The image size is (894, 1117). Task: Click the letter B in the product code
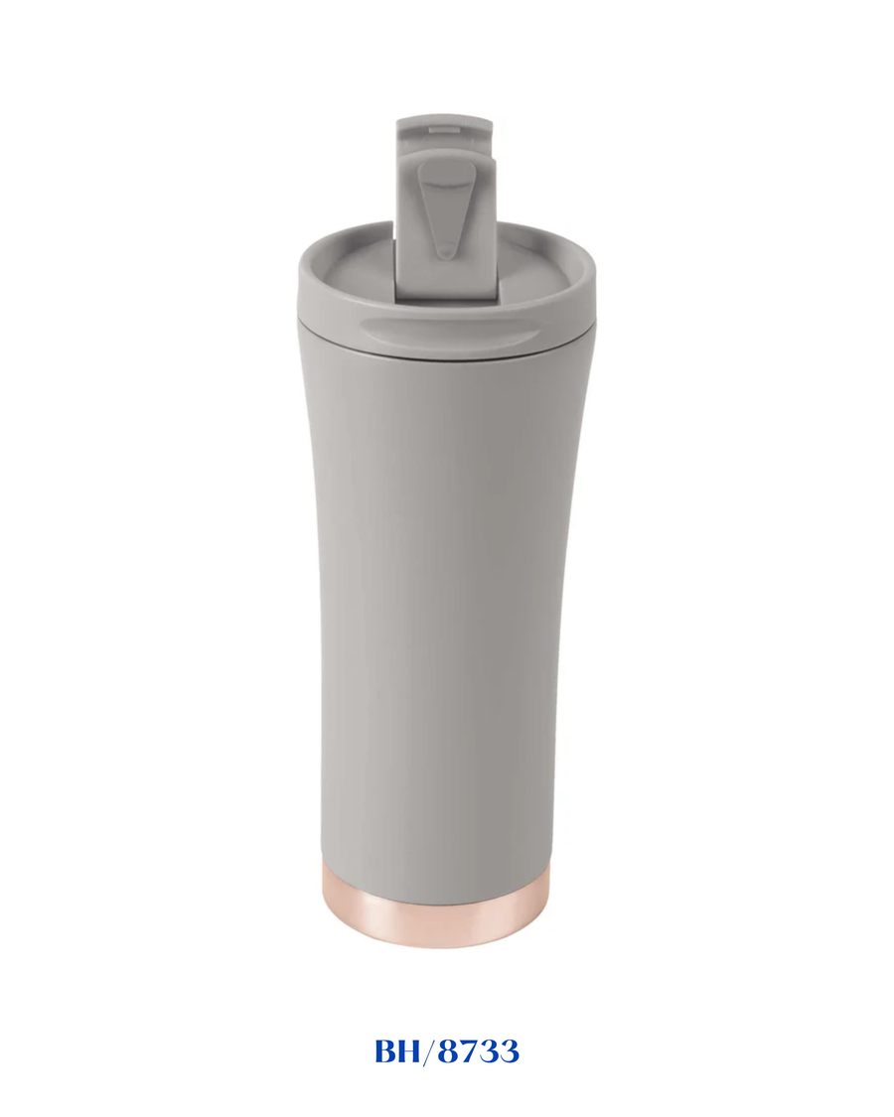tap(387, 1051)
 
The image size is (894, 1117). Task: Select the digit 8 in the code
tap(450, 1051)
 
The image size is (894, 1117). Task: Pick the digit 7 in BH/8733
tap(470, 1052)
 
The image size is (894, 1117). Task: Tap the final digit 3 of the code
tap(509, 1052)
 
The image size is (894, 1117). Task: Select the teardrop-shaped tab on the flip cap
tap(441, 208)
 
